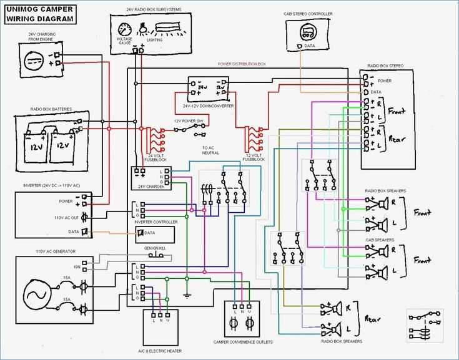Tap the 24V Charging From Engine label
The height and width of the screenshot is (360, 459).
[x=41, y=37]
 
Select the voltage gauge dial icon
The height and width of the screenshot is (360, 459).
[x=125, y=29]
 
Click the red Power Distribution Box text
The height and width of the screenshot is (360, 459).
[x=242, y=64]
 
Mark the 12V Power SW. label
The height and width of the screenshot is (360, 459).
[x=189, y=120]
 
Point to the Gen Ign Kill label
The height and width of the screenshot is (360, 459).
[x=154, y=248]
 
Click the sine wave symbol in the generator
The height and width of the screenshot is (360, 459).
[x=36, y=293]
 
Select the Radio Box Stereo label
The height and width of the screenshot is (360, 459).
[x=385, y=66]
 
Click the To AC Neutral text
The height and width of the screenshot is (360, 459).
[x=210, y=150]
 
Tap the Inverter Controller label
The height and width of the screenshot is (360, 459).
[x=155, y=221]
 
